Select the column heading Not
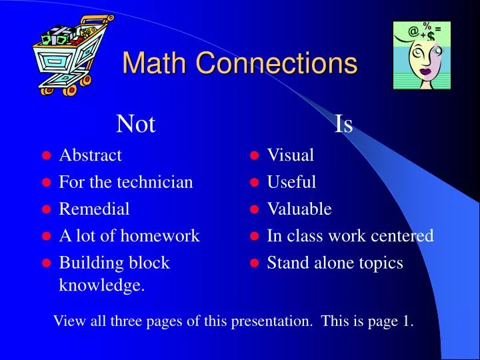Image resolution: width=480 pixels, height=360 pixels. (135, 123)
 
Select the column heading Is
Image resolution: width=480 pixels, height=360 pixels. (343, 123)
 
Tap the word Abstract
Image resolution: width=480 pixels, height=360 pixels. (91, 155)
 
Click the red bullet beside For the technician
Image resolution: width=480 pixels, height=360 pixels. (47, 183)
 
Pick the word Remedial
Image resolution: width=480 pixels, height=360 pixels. (95, 209)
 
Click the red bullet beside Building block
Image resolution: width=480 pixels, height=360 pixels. (47, 263)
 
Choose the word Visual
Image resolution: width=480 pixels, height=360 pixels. (291, 155)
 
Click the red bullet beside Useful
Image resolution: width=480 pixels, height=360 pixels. (254, 183)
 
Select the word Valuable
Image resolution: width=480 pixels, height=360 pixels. (299, 209)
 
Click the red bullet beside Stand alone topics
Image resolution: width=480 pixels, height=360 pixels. (254, 263)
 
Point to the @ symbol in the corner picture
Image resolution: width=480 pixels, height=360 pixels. (414, 31)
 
